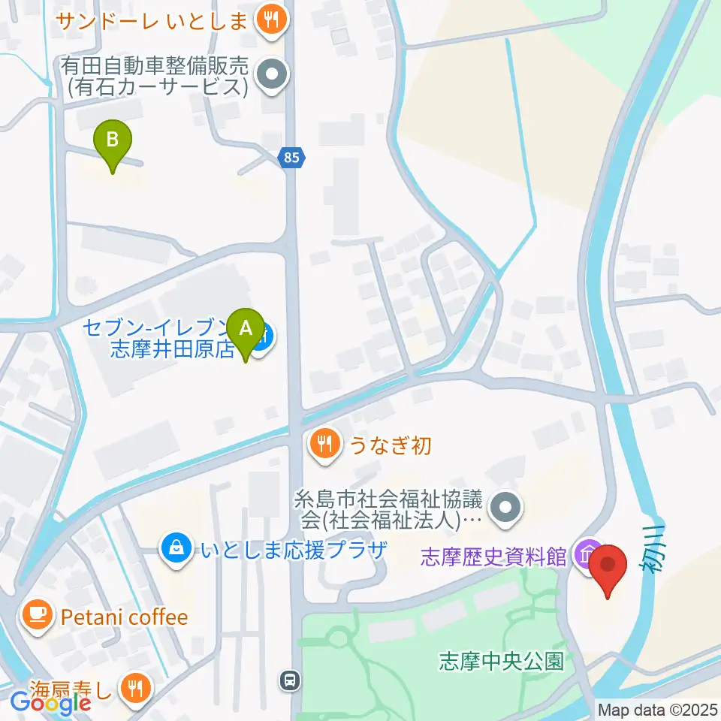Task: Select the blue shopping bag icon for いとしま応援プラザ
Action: pos(175,547)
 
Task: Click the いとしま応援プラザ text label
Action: pos(293,548)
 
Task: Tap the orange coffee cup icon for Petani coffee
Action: pos(36,617)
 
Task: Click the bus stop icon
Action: pos(290,681)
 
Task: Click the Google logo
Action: pos(51,704)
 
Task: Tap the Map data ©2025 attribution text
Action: pos(659,710)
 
